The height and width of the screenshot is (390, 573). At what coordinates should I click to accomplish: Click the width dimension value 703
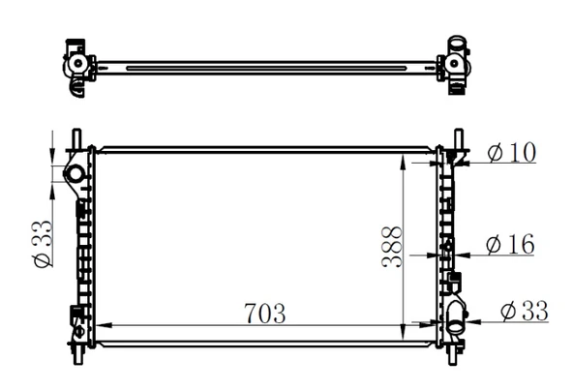(264, 313)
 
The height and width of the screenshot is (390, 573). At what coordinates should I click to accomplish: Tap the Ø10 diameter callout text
(511, 154)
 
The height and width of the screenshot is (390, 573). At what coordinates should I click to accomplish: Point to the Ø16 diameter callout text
(510, 245)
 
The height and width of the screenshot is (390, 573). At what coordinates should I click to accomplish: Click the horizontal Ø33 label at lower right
(524, 311)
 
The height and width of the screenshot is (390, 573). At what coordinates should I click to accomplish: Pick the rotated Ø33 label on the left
(42, 246)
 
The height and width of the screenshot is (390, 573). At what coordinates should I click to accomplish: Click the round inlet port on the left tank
(75, 173)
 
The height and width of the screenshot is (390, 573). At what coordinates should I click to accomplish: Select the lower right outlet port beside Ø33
(456, 313)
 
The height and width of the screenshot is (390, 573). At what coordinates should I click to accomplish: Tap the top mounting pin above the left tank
(75, 137)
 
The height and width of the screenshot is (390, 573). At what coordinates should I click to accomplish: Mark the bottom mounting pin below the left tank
(75, 355)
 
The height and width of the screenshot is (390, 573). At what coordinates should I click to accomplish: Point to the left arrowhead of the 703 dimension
(100, 326)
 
